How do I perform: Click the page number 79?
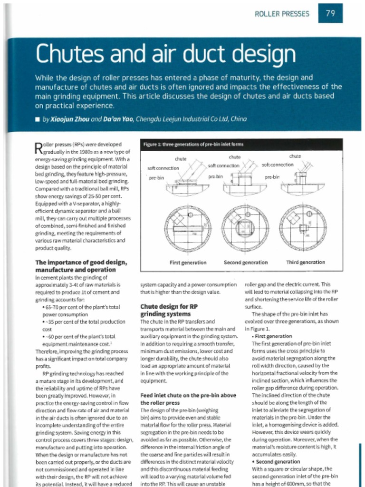(x=330, y=13)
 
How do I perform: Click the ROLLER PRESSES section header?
(x=282, y=14)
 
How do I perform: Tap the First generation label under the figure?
(x=188, y=262)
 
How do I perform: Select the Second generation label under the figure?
(x=245, y=262)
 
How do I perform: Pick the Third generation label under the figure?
(x=305, y=262)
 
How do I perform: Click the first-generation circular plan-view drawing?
(x=188, y=228)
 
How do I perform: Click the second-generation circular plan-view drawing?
(x=245, y=228)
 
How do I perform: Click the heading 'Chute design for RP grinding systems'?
(x=169, y=310)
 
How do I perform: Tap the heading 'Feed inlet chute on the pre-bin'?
(x=188, y=399)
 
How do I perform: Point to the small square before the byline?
(x=38, y=119)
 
